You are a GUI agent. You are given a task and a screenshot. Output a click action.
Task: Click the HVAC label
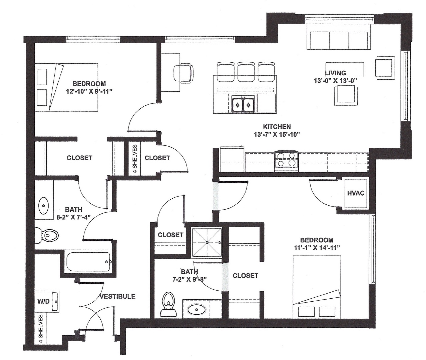356,193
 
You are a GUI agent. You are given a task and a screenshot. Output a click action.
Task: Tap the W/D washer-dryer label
43,302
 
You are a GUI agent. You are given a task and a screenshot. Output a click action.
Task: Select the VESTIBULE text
118,296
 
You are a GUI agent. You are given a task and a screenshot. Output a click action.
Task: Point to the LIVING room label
336,73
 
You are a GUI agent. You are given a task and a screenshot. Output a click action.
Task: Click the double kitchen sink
244,105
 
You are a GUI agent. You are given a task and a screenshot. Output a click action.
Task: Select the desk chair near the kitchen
183,73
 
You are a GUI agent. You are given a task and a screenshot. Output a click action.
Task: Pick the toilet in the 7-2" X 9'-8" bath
168,305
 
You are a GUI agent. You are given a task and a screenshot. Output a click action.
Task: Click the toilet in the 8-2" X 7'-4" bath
47,235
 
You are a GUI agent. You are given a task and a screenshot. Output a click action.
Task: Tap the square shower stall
207,242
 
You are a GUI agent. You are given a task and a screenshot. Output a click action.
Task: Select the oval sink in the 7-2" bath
196,309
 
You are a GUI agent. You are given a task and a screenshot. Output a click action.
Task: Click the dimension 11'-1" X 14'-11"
317,248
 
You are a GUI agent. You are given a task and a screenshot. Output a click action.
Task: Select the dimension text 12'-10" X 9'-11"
89,91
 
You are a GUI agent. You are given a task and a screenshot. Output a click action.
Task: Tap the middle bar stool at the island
245,72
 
